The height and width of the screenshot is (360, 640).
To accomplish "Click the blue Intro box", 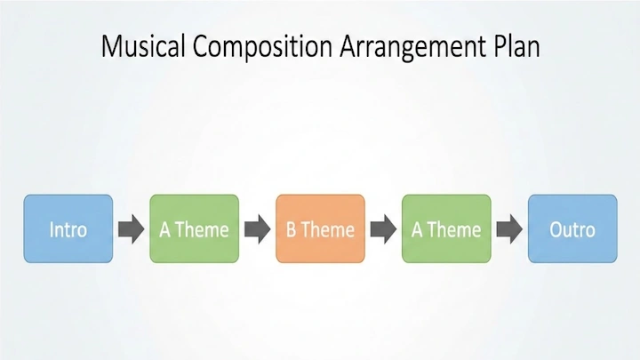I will pos(68,229).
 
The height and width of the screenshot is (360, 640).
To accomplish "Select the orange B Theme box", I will pos(320,229).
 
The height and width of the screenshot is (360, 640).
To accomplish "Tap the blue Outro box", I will pos(572,229).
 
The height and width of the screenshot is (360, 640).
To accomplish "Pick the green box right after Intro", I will pos(194,229).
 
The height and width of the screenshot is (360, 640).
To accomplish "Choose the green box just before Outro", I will pos(446,229).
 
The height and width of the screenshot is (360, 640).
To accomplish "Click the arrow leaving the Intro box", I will pos(131,229).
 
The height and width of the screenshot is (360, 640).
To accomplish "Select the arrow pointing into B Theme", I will pos(257,229).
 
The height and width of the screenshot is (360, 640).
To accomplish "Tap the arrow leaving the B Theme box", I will pos(383,229).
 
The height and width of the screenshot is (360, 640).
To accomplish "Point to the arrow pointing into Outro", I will pos(509,229).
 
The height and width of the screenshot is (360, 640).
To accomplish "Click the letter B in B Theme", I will pos(291,230).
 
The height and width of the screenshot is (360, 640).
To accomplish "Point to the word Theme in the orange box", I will pos(328,230).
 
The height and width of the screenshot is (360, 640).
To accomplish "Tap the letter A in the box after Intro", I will pos(164,230).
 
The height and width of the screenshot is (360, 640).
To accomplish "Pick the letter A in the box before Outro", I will pos(417,230).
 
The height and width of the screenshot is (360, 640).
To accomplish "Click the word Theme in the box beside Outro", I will pos(454,230).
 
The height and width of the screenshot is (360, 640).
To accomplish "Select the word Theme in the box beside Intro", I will pos(202,230).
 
